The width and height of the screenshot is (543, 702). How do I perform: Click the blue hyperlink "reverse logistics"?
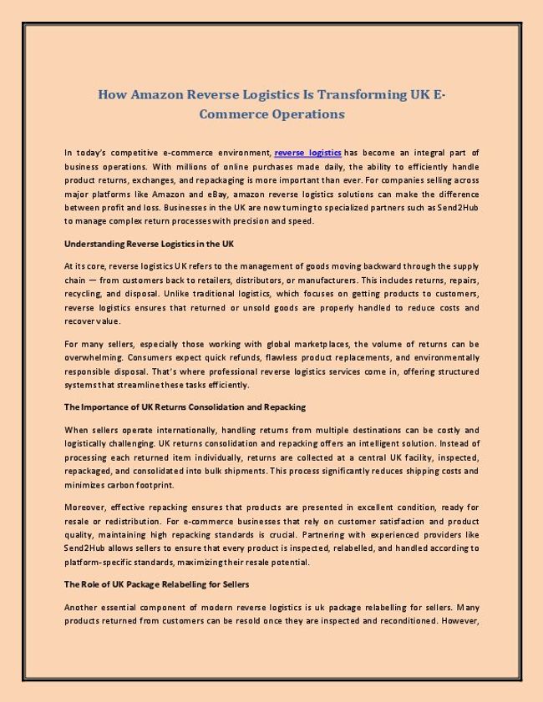pyautogui.click(x=307, y=153)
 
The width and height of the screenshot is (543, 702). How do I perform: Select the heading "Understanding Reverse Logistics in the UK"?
pyautogui.click(x=149, y=244)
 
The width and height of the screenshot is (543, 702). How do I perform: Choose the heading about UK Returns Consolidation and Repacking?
pyautogui.click(x=185, y=407)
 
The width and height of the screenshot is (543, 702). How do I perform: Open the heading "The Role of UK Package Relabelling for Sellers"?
pyautogui.click(x=156, y=584)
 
